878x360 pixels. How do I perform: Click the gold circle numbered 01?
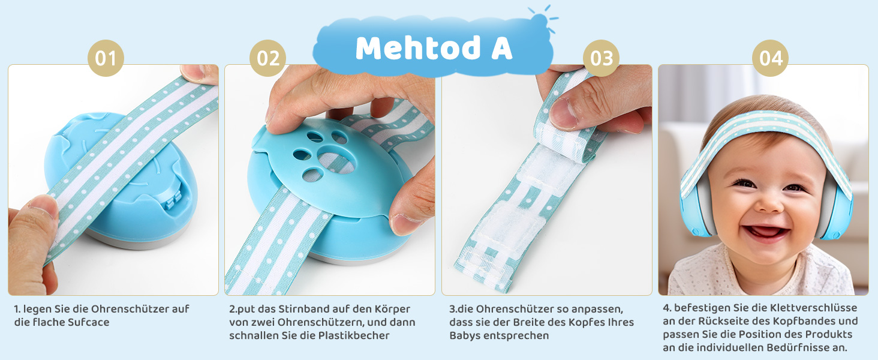point(106,58)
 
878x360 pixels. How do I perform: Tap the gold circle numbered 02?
point(268,58)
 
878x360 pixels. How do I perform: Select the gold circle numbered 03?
point(602,58)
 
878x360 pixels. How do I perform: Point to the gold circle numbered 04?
point(770,58)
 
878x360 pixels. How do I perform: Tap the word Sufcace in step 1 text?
point(88,322)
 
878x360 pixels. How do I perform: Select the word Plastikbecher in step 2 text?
point(354,335)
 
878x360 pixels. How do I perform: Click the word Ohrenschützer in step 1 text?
point(134,309)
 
